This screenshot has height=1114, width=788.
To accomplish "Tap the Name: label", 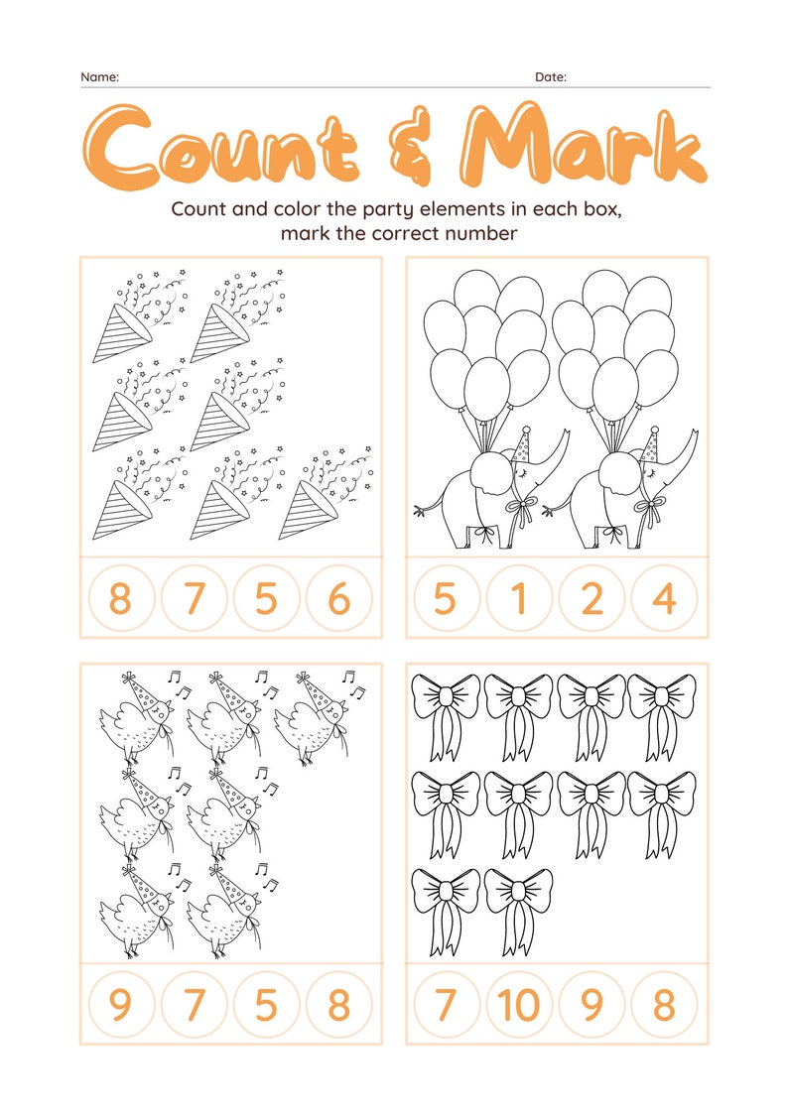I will click(x=99, y=76).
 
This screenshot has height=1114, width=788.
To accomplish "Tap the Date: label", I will click(x=551, y=76).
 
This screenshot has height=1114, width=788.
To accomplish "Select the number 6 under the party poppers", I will click(x=338, y=599).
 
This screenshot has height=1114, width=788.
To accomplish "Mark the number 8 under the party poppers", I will click(x=120, y=599).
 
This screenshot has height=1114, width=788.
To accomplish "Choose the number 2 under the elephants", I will click(x=592, y=599).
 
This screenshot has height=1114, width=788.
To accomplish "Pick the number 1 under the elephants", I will click(x=519, y=599).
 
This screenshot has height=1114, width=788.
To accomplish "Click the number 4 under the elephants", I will click(x=665, y=599).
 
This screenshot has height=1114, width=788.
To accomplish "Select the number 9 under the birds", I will click(x=120, y=1005).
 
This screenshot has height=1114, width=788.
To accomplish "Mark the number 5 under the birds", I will click(x=266, y=1005).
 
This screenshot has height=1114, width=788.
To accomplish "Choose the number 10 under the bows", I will click(x=519, y=1005).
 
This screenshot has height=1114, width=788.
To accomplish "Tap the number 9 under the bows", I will click(x=592, y=1005).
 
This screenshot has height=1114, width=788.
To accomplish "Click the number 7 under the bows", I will click(x=446, y=1005).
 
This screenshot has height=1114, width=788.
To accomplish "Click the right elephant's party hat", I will click(x=651, y=442).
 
